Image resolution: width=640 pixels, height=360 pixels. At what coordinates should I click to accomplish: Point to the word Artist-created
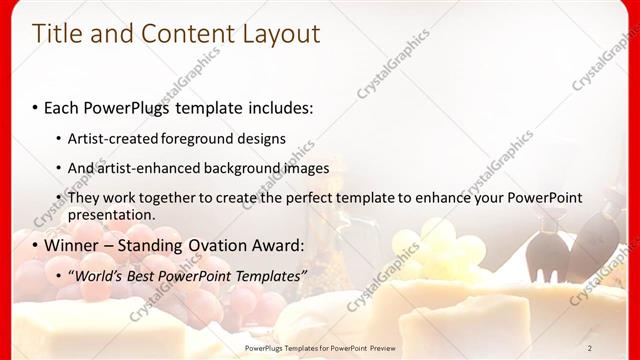(113, 138)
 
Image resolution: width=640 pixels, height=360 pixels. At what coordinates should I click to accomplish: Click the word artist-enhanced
(147, 168)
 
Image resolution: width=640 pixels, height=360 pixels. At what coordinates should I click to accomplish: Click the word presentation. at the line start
(111, 214)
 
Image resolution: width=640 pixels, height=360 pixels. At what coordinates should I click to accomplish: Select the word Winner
(73, 245)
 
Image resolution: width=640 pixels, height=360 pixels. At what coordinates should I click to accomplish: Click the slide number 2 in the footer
(590, 348)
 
